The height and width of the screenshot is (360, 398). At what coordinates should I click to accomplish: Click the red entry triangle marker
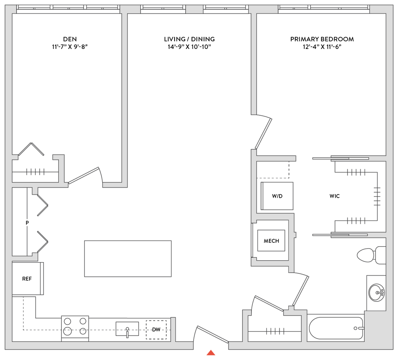point(211,353)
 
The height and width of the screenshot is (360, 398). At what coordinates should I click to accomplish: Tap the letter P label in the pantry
point(27,223)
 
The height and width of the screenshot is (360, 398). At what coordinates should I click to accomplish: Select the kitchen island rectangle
point(128,259)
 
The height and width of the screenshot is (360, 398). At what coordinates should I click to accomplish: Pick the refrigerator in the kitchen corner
point(27,278)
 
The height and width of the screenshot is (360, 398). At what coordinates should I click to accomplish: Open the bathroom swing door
point(301,290)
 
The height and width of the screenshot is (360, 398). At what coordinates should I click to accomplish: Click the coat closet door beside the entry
point(268,303)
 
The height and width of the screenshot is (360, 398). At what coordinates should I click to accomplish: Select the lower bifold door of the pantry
point(42,241)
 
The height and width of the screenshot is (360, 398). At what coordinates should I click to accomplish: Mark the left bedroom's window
point(68,9)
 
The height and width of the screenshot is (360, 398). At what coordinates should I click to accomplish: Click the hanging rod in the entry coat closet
point(275,331)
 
